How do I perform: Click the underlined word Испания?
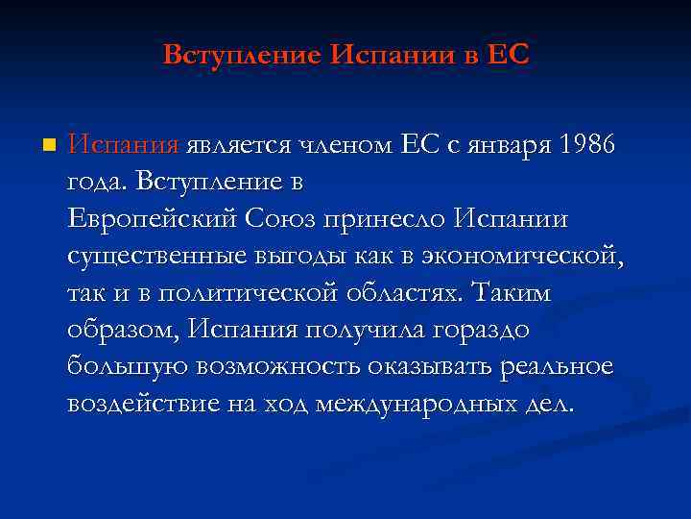[x=123, y=145]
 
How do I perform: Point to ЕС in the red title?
[x=509, y=54]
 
